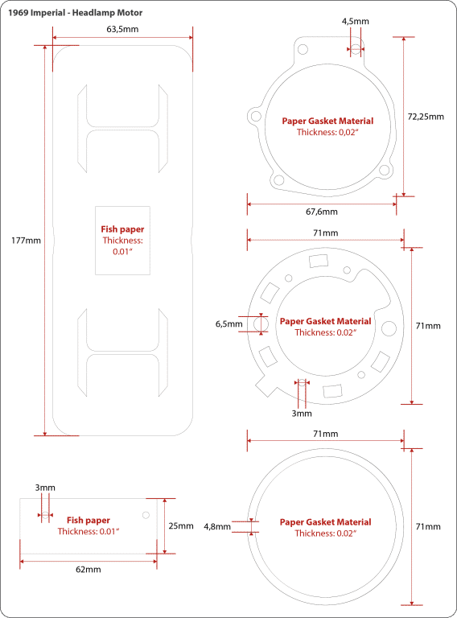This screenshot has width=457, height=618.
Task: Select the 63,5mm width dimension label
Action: pos(122,29)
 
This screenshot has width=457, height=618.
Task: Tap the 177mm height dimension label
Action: pos(26,240)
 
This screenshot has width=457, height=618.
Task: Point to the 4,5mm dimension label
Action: pos(356,22)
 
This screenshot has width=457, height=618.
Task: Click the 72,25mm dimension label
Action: pos(426,116)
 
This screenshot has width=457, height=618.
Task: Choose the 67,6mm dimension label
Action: pos(322,212)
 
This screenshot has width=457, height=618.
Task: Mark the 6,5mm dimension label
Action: pos(228,323)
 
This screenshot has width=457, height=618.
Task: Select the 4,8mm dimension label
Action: pos(217,527)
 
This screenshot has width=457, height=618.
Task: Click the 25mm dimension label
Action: pos(181,525)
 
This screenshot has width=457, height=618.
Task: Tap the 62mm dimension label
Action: pos(89,569)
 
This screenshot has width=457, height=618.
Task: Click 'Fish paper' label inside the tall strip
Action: pos(122,229)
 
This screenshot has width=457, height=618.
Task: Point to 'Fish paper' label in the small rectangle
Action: pos(88,520)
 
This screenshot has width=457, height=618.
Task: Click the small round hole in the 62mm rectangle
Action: pos(146,515)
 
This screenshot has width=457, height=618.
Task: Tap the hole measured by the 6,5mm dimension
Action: pos(259,323)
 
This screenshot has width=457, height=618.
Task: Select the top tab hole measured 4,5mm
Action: pos(356,49)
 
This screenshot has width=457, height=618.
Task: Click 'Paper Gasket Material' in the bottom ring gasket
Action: pos(326,521)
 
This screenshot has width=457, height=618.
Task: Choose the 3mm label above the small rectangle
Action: pos(45,488)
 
